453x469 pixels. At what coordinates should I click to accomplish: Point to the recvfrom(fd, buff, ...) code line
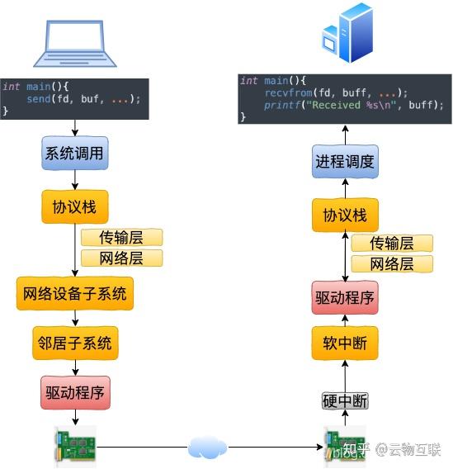coord(336,93)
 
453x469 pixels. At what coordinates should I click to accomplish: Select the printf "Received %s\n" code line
coord(354,106)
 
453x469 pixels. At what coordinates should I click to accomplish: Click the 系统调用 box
coord(75,154)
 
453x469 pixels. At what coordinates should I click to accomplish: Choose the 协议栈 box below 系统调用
coord(75,206)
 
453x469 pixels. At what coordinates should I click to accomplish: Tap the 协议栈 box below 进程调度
coord(345,216)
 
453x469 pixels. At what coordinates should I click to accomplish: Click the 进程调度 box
coord(345,161)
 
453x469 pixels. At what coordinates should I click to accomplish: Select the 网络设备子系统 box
coord(75,293)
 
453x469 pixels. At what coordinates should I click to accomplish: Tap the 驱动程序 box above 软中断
coord(345,297)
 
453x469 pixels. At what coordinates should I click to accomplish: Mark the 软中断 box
coord(345,343)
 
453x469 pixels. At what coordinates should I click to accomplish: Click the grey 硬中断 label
coord(345,401)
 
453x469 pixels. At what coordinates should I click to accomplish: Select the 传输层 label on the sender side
coord(121,238)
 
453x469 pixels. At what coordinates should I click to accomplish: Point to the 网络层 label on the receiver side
coord(392,263)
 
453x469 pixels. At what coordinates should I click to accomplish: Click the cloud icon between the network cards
coord(207,448)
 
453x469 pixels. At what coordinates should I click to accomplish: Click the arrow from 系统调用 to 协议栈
coord(75,180)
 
